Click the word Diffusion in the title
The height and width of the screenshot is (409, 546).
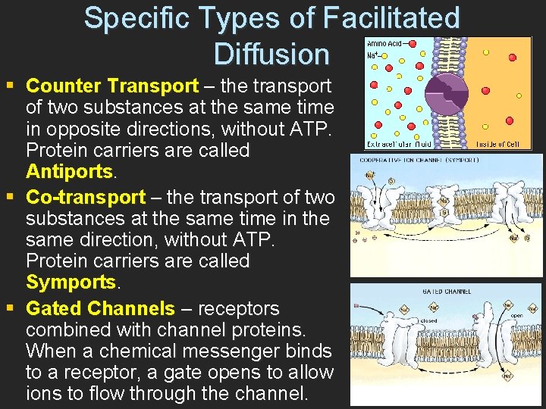pos(271,55)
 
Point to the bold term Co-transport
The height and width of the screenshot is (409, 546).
pos(86,198)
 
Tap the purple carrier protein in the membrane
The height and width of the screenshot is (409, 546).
pos(450,92)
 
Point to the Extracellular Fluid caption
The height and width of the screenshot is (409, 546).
pos(399,144)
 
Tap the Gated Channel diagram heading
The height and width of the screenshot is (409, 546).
pos(447,291)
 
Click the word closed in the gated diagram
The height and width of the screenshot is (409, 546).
pos(428,320)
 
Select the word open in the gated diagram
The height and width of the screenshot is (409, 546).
pos(517,316)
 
